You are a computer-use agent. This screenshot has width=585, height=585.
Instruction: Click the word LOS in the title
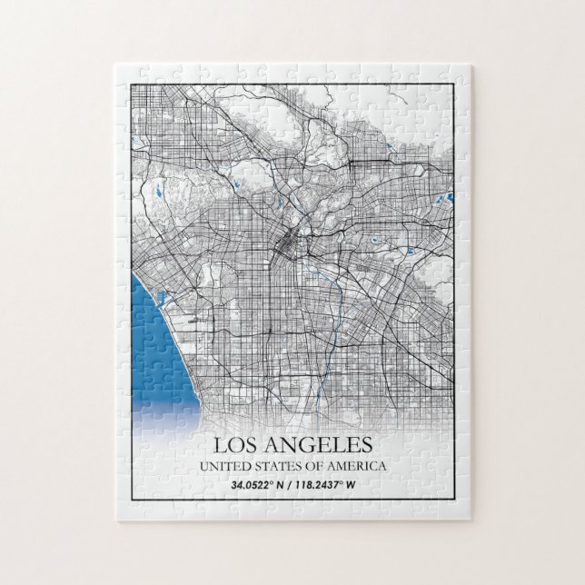click(236, 446)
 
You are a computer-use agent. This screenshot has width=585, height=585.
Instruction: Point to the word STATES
click(278, 466)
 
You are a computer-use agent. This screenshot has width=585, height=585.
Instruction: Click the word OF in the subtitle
click(314, 466)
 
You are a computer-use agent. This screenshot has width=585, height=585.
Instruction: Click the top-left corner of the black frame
click(132, 81)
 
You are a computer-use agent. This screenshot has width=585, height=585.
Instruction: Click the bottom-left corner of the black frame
click(132, 500)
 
